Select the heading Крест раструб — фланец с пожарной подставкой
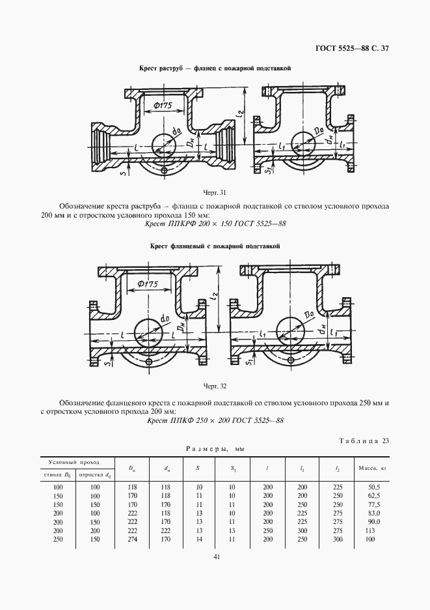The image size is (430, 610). (215, 68)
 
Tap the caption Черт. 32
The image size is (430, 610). (215, 385)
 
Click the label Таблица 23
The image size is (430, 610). (364, 441)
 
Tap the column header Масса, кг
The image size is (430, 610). (373, 467)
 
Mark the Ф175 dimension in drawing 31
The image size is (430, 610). (158, 105)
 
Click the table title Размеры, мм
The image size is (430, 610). (214, 449)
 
